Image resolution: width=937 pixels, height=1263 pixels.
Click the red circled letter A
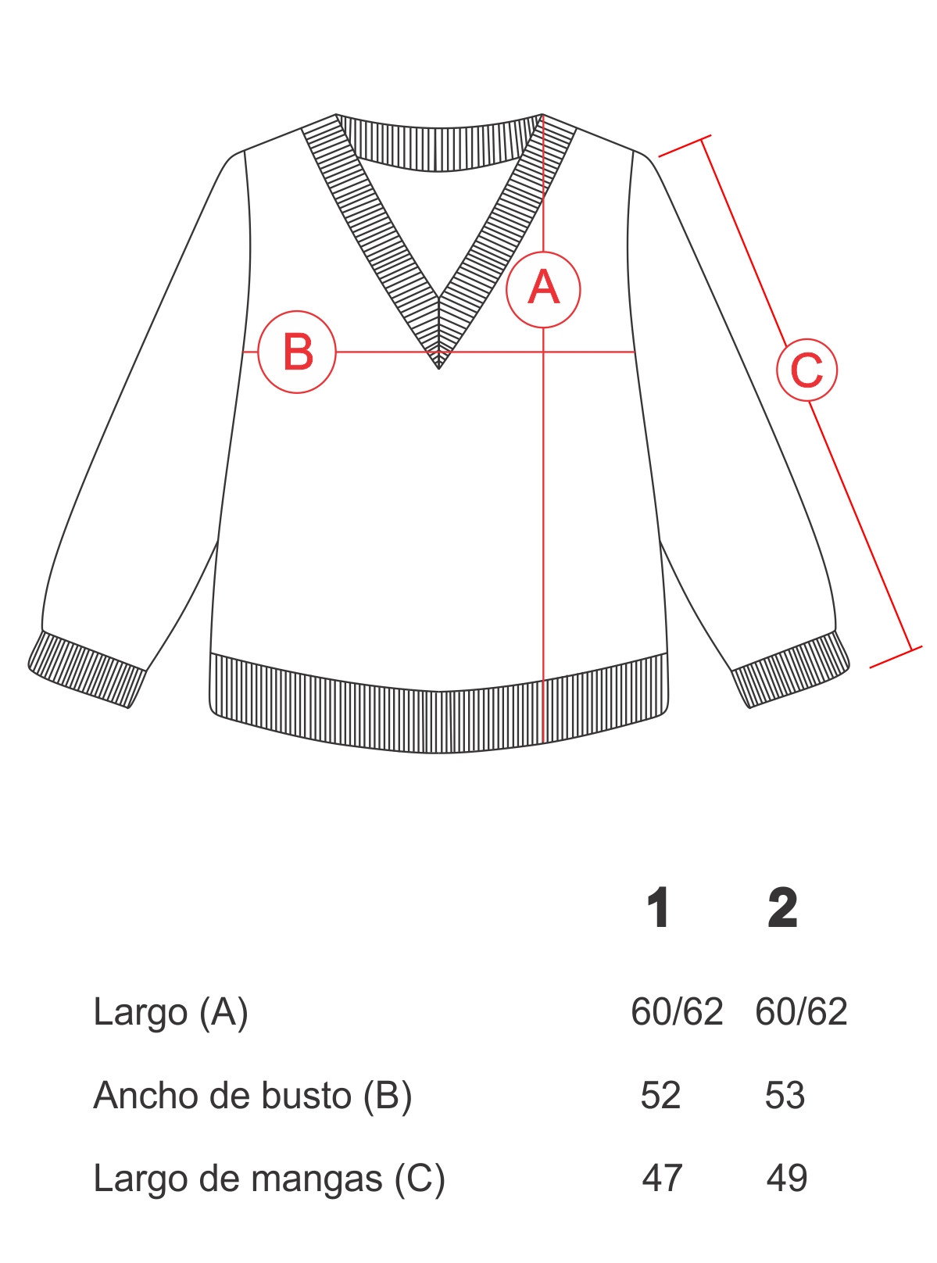click(x=543, y=290)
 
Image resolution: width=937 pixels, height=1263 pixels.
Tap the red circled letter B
click(x=297, y=352)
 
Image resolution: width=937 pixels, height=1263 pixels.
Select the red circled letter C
click(x=806, y=370)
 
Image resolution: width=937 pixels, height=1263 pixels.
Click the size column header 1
click(x=658, y=907)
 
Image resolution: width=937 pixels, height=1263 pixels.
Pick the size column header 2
click(x=782, y=907)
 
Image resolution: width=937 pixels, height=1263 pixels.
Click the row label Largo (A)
click(x=170, y=1013)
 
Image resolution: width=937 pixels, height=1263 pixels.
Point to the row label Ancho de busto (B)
click(x=252, y=1097)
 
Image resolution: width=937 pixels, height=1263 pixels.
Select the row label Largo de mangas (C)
click(x=269, y=1179)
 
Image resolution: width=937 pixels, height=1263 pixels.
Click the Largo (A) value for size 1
click(x=677, y=1012)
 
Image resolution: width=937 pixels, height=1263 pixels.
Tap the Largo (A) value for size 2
click(x=801, y=1012)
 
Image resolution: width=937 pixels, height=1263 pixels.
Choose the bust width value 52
click(x=660, y=1096)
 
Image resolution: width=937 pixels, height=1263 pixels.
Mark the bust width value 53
click(x=785, y=1096)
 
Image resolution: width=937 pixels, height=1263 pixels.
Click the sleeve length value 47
click(x=662, y=1179)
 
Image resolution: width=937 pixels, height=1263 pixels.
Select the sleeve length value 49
click(x=787, y=1179)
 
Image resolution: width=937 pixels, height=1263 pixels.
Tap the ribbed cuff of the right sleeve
click(x=792, y=670)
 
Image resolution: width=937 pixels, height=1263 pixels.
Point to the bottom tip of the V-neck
click(x=438, y=369)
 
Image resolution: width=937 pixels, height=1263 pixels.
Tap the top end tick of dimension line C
click(x=685, y=146)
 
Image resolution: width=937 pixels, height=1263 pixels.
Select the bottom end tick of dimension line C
click(x=896, y=657)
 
